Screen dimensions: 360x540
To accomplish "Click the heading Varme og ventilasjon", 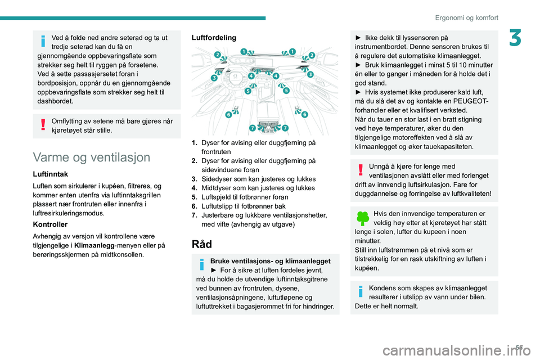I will pos(92,157).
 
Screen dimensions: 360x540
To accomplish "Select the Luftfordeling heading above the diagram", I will pos(214,38).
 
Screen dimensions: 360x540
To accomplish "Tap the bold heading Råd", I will pos(202,245).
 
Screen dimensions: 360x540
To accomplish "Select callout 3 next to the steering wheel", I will pos(214,79).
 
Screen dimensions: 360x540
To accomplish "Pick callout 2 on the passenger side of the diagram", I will pos(312,55).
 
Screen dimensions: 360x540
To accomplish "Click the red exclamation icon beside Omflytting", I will pos(42,125).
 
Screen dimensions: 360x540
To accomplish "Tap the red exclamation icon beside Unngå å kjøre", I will pos(360,171).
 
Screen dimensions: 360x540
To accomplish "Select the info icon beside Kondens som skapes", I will pos(360,292).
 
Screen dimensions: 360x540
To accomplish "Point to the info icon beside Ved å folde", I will pos(42,42).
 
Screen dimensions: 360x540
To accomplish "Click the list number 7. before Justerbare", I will pos(195,215).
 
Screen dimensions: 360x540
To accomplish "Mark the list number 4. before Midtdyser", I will pos(195,188).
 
